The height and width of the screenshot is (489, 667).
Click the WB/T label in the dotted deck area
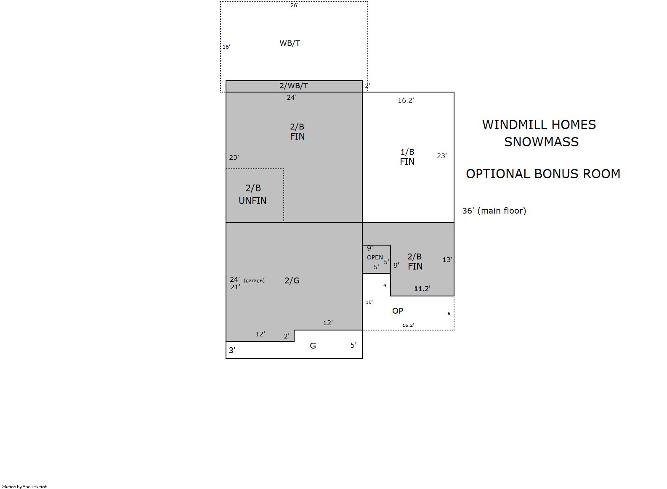(290, 43)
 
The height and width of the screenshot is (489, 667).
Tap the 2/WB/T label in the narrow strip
(294, 86)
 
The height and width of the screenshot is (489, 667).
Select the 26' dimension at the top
(294, 5)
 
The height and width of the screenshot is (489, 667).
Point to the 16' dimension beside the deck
(226, 47)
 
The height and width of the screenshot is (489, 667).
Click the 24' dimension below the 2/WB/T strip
(292, 98)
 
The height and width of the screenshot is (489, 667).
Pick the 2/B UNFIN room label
(252, 194)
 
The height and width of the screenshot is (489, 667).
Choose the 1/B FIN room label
(407, 157)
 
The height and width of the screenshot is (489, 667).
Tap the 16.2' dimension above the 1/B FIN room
(406, 100)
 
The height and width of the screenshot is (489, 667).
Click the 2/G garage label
(292, 280)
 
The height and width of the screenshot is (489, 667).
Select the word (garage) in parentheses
(254, 280)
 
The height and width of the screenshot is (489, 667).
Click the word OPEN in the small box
(375, 258)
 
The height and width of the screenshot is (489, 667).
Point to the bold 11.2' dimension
(422, 288)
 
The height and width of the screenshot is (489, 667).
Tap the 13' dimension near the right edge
(447, 260)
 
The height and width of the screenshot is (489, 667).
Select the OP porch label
(398, 311)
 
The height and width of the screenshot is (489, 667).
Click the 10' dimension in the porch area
(369, 302)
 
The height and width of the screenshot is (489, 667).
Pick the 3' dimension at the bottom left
(232, 350)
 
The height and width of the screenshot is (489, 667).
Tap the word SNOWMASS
(541, 142)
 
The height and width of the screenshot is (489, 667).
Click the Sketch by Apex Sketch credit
(25, 486)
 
